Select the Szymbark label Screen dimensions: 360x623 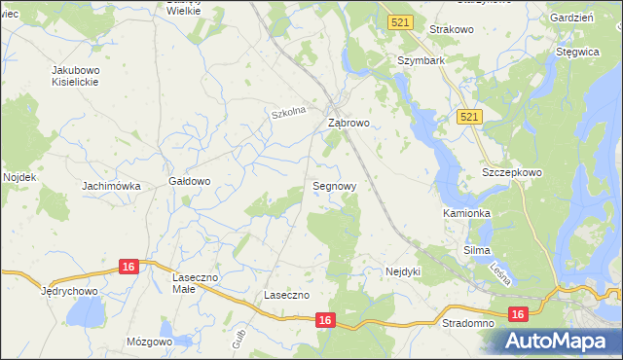(421, 60)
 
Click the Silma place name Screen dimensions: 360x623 (476, 250)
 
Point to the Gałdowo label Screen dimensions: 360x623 (190, 181)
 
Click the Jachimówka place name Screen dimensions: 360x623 (111, 185)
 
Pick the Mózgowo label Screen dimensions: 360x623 (150, 342)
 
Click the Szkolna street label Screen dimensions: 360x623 (289, 112)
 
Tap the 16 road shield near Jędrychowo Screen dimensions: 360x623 (129, 266)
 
